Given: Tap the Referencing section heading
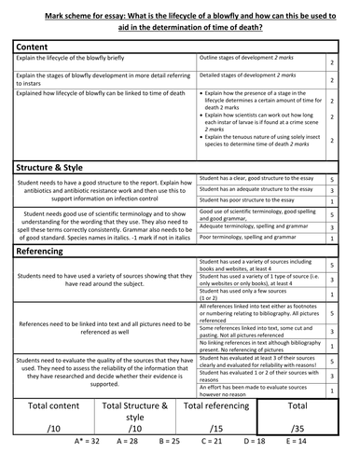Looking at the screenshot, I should pos(51,250).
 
